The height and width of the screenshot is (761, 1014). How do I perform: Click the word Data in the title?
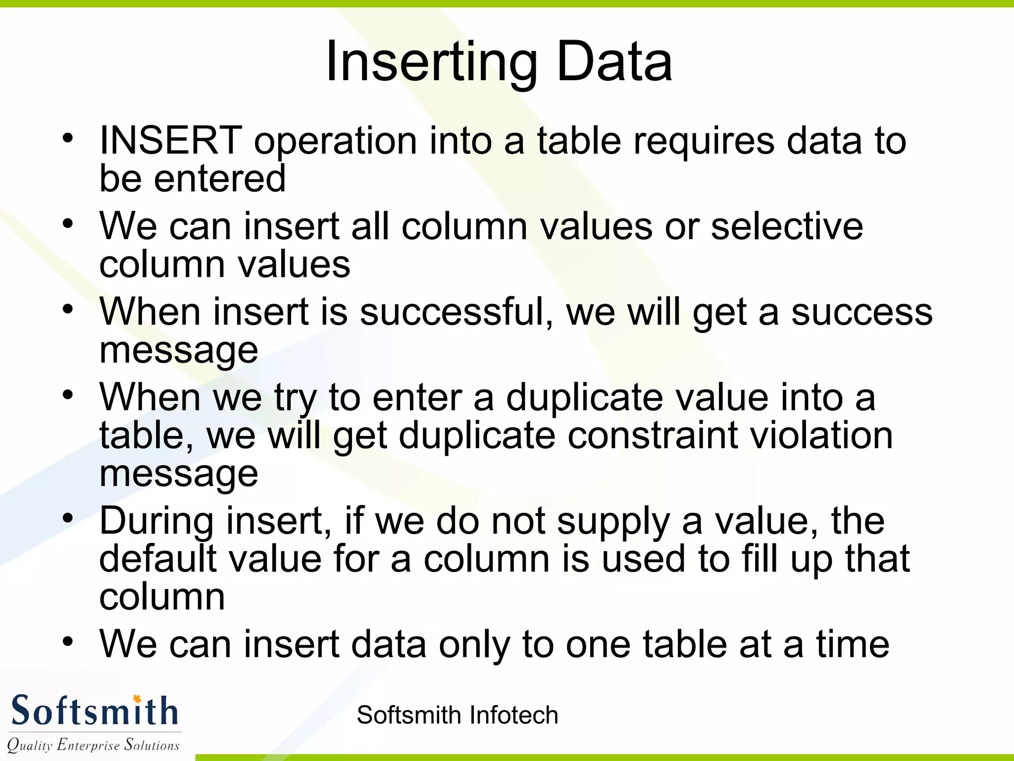click(614, 62)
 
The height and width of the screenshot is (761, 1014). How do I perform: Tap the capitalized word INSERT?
click(171, 141)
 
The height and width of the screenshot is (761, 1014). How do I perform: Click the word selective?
click(787, 226)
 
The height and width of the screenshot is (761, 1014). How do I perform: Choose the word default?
click(158, 559)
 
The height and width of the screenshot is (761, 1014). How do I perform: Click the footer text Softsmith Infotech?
click(457, 715)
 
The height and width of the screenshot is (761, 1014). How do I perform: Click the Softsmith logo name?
click(94, 711)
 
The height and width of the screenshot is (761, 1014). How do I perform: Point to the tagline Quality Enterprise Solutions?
click(93, 745)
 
